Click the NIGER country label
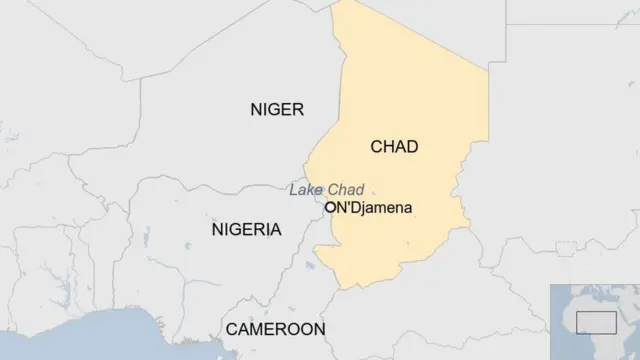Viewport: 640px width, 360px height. tap(277, 110)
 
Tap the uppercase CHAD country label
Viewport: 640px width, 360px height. tap(394, 147)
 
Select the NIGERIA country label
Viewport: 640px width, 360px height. tap(246, 230)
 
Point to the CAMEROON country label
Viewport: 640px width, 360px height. tap(275, 329)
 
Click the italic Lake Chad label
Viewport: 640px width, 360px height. tap(326, 190)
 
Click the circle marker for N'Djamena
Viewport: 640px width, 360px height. tap(329, 208)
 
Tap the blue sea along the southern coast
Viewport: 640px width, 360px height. tap(100, 340)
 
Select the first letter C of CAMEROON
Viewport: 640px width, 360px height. tap(232, 329)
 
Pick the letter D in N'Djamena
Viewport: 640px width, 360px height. tap(355, 208)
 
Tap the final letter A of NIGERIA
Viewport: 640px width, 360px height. tap(275, 230)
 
